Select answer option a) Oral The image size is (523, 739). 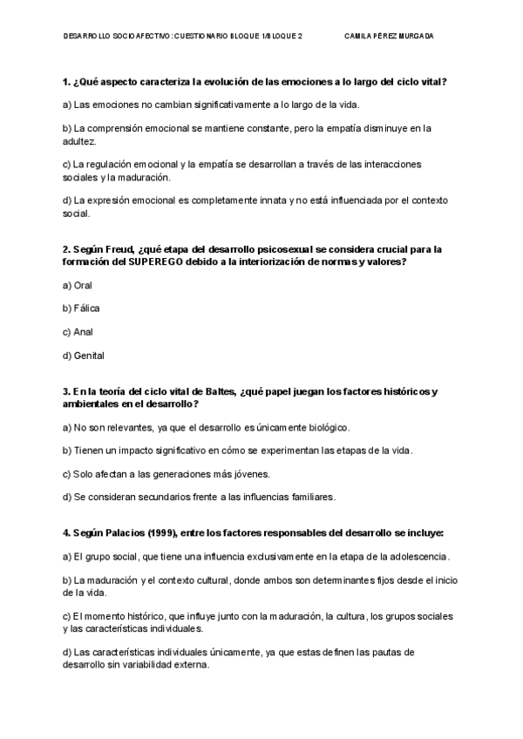click(78, 285)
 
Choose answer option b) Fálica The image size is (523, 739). click(80, 308)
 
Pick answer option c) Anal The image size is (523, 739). click(78, 332)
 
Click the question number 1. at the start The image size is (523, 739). click(66, 82)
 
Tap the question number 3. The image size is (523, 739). click(66, 391)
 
